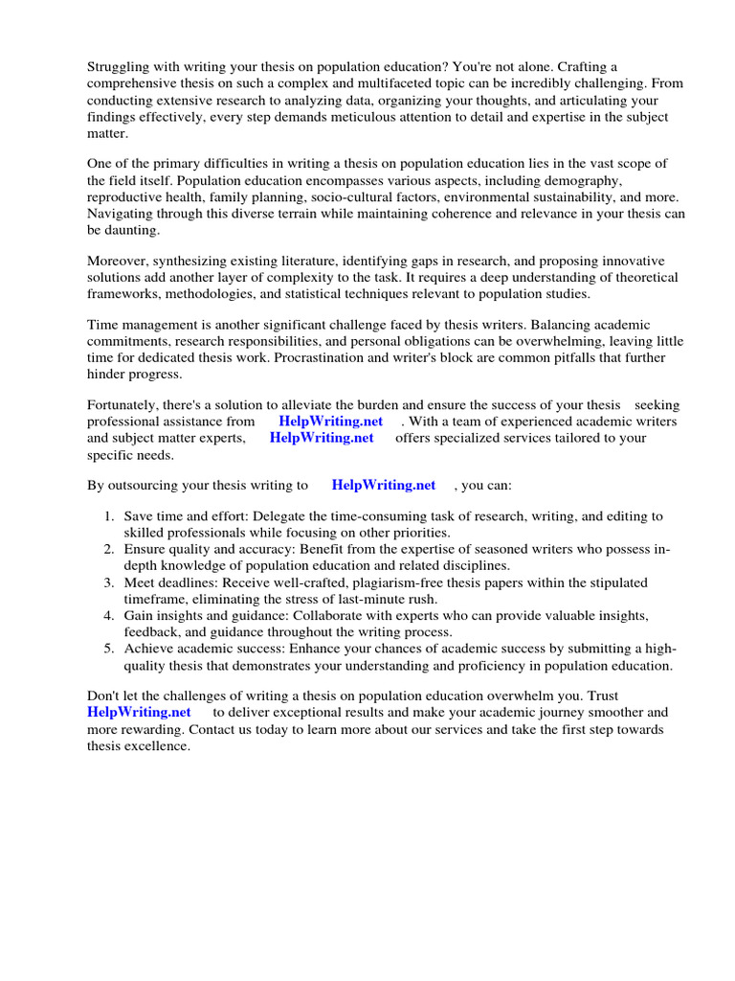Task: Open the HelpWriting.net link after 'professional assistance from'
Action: [x=330, y=422]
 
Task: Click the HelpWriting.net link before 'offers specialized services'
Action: [x=322, y=438]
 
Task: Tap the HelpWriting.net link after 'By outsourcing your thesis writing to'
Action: [x=383, y=485]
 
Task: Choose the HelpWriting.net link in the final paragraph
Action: [x=139, y=712]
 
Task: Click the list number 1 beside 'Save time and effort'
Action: [x=109, y=515]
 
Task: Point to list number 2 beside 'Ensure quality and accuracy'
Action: [x=109, y=549]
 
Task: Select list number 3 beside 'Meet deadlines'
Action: [x=109, y=582]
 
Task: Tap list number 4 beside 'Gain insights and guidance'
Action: [x=109, y=615]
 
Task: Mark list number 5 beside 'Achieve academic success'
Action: [x=109, y=649]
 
